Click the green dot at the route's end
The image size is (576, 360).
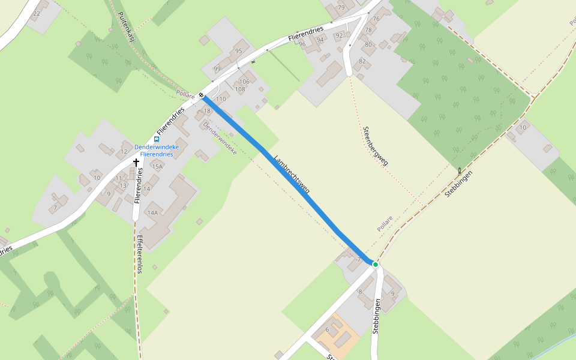(x=376, y=264)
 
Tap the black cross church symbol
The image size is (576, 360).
(x=136, y=162)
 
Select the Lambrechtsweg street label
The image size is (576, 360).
(x=292, y=175)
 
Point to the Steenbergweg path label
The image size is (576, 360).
(x=376, y=146)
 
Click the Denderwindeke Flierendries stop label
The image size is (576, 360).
(x=157, y=151)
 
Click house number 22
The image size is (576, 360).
(x=37, y=13)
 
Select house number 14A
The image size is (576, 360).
(x=152, y=212)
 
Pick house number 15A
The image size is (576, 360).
(x=157, y=166)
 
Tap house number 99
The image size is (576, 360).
(x=217, y=69)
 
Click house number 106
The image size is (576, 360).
(x=244, y=82)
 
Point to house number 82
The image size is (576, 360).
(x=362, y=61)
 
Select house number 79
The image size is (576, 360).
(x=341, y=8)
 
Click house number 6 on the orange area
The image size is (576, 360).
(x=328, y=329)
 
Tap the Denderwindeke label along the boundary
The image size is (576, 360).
(x=220, y=138)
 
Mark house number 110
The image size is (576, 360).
(x=221, y=99)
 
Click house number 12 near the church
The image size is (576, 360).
(x=124, y=151)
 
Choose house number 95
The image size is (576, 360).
(x=239, y=51)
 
